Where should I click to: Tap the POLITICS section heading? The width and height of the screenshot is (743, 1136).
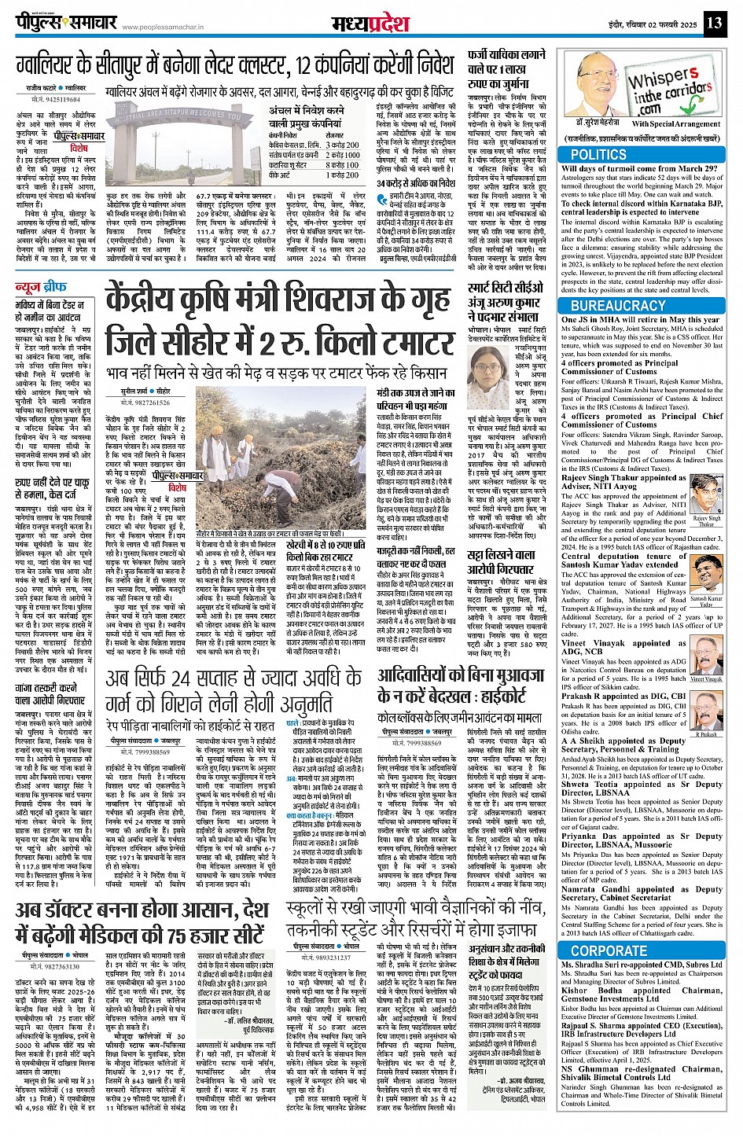point(598,155)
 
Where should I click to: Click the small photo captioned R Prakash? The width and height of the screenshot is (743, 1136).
point(706,712)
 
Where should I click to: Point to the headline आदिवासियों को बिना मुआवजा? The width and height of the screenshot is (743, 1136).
point(460,684)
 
